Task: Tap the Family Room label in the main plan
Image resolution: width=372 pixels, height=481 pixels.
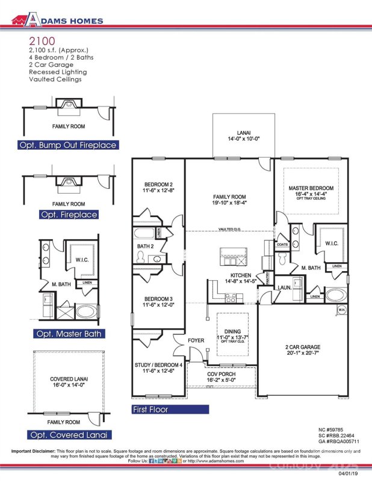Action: click(229, 200)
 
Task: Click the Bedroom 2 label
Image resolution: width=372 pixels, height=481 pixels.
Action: click(158, 188)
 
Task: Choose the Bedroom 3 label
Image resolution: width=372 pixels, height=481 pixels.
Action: click(158, 302)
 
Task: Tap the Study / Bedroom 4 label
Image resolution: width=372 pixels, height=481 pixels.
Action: click(158, 367)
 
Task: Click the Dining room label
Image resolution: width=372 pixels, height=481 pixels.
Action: click(232, 335)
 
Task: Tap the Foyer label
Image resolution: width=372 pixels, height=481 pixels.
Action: click(196, 341)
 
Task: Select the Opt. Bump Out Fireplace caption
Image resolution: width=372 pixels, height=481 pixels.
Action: click(67, 145)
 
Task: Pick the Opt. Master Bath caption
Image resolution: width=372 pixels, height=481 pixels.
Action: click(67, 334)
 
